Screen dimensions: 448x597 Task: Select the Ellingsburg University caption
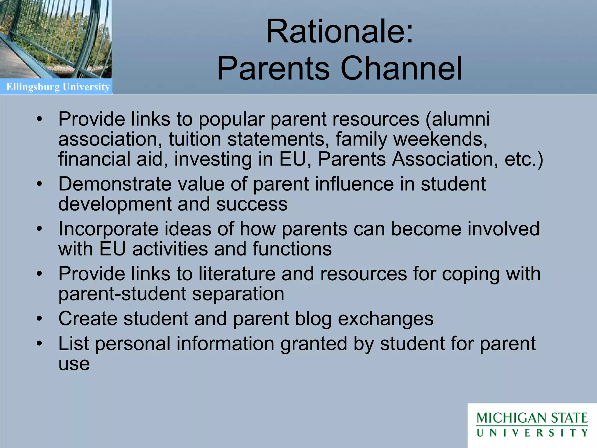58,87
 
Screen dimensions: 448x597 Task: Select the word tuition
195,139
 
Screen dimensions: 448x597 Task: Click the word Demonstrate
115,184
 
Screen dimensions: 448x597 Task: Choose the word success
252,204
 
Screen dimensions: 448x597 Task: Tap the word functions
292,249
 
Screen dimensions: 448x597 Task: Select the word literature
237,274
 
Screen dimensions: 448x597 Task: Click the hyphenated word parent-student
122,294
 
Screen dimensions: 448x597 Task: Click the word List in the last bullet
73,344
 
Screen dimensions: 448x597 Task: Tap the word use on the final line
74,364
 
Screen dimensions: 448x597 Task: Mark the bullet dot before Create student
40,319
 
